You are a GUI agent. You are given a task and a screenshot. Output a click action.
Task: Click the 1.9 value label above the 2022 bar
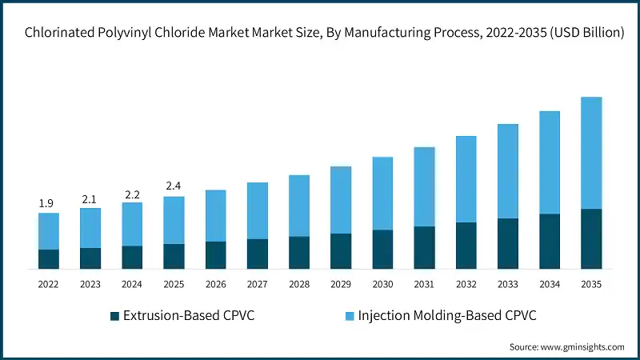pos(48,204)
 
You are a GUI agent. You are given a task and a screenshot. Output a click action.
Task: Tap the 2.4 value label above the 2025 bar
pos(174,186)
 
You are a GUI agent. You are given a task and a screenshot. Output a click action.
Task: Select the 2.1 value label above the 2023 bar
pos(90,198)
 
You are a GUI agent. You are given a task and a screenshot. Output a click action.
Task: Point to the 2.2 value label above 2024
pos(132,194)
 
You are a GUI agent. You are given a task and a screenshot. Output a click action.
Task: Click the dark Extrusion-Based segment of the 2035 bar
pos(591,238)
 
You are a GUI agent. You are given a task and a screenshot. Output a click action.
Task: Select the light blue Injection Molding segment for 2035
pos(591,153)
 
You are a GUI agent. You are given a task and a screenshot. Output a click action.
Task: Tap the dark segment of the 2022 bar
pos(48,258)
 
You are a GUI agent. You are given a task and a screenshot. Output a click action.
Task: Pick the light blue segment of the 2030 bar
pos(382,194)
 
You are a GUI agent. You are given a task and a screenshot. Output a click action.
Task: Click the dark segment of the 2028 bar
pos(299,252)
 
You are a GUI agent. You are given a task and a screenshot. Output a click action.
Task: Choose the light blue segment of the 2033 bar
pos(508,171)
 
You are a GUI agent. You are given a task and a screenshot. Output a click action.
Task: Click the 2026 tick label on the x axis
pos(215,284)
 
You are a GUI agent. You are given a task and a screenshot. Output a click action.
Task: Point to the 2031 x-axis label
pos(424,284)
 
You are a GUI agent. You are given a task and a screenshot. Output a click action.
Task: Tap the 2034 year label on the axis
pos(550,284)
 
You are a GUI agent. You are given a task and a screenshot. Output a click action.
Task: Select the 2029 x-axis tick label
pos(341,284)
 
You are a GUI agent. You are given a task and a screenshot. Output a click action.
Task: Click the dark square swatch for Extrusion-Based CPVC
pos(114,315)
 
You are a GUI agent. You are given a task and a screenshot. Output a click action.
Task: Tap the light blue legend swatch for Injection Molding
pos(350,315)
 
